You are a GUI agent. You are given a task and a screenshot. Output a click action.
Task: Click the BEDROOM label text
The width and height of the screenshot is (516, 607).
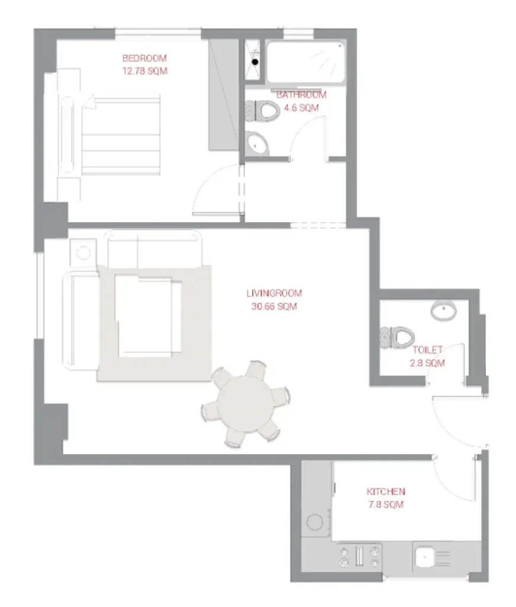click(145, 58)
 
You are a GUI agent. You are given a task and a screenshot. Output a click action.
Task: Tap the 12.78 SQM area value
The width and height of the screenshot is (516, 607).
click(145, 71)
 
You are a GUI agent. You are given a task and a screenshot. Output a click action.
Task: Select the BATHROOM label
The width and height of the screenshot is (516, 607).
click(301, 95)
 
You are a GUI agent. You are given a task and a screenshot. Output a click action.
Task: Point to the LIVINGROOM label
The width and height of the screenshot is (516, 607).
click(274, 293)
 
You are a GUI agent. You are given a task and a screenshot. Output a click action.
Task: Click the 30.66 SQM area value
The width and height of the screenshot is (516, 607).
click(274, 306)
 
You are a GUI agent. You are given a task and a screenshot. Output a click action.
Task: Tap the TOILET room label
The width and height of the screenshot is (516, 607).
click(427, 350)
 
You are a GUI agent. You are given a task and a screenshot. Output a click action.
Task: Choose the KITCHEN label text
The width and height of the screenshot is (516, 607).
click(386, 491)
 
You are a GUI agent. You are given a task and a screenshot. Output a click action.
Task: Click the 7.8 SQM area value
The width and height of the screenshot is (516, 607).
click(386, 504)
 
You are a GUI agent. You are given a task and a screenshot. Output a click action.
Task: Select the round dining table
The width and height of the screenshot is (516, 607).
click(245, 404)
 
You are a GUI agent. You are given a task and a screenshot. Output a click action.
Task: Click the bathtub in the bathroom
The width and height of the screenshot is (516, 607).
click(306, 62)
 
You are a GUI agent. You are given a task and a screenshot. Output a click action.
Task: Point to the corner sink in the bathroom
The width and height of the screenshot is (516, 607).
click(257, 143)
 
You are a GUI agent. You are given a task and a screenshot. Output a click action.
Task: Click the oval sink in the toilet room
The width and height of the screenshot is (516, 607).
click(444, 310)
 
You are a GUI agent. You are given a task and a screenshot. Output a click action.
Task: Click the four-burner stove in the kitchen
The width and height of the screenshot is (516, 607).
click(360, 556)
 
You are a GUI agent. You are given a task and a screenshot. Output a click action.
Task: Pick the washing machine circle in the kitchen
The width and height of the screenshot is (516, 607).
click(315, 522)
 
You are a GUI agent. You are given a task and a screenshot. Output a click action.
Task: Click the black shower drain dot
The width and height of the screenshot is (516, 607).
click(255, 62)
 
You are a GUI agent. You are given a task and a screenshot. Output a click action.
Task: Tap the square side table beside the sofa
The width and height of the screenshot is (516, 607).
click(83, 253)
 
